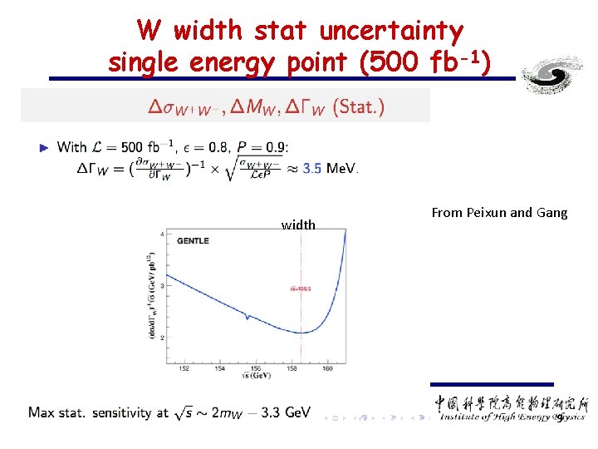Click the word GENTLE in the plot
click(x=193, y=241)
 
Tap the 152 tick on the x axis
click(x=184, y=369)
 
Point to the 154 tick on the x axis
click(x=219, y=369)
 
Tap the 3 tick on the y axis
click(x=162, y=286)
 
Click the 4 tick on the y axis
click(x=162, y=234)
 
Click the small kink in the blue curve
click(x=246, y=317)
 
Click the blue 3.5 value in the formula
click(x=312, y=168)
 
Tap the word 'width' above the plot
click(x=298, y=224)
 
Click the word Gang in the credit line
click(x=551, y=213)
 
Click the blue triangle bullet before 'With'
click(x=45, y=148)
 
